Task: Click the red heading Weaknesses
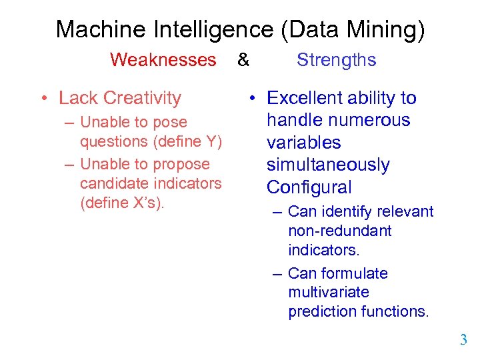tap(163, 60)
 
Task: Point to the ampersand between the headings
tap(243, 60)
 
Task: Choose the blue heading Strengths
tap(337, 60)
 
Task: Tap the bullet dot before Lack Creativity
tap(42, 99)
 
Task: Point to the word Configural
tap(309, 187)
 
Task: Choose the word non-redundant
tap(340, 231)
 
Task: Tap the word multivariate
tap(329, 293)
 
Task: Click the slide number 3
tap(463, 341)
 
